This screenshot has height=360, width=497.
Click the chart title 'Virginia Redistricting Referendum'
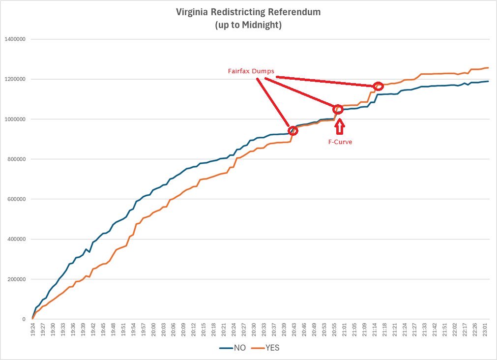tap(248, 12)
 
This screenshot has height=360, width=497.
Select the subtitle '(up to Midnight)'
tap(248, 25)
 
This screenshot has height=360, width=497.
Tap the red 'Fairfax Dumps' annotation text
tap(251, 71)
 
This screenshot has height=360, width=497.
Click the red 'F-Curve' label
tap(340, 142)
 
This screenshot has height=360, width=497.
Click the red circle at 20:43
tap(293, 130)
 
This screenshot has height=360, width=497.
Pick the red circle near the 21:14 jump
tap(378, 86)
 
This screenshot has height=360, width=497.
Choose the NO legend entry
tap(233, 348)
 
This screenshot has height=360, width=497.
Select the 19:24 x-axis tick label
tap(32, 329)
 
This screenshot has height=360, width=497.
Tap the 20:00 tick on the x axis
tap(153, 329)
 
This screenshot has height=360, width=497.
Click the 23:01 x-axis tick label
tap(486, 329)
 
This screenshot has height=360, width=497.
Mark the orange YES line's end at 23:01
tap(488, 68)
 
